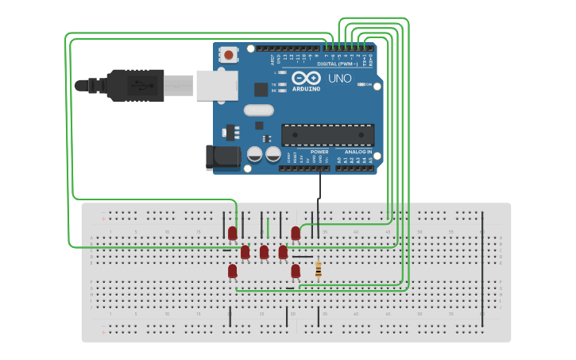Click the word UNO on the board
click(x=340, y=79)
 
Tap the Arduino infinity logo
click(x=306, y=78)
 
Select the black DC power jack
click(x=223, y=157)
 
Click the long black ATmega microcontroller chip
click(x=327, y=135)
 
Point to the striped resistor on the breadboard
click(x=319, y=270)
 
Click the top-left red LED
click(x=232, y=233)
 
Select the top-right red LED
click(x=296, y=233)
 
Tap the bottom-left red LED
click(x=232, y=271)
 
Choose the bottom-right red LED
click(x=296, y=271)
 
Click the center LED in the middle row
click(x=264, y=252)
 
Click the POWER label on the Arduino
click(x=319, y=152)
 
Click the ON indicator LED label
click(x=368, y=84)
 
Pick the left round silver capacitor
click(x=255, y=153)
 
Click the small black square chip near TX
click(x=261, y=90)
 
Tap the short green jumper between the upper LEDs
click(x=268, y=229)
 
